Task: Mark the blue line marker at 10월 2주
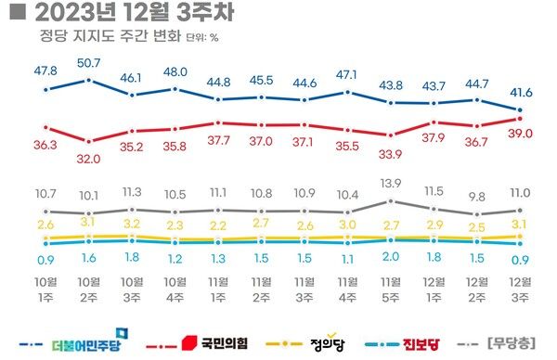click(89, 80)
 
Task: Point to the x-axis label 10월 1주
click(46, 289)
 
